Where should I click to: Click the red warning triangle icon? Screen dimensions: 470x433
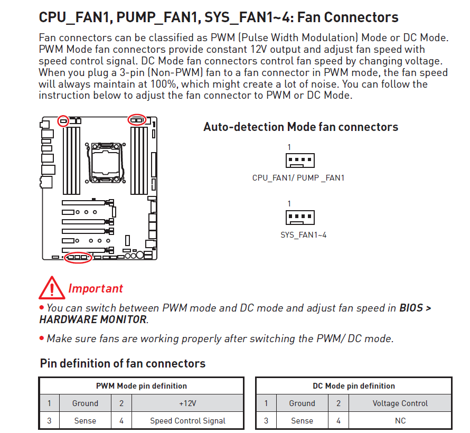(52, 288)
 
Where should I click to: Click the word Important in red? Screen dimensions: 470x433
(96, 288)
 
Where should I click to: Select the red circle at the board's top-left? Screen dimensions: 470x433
(63, 121)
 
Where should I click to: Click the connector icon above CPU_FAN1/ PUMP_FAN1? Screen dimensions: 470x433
(300, 161)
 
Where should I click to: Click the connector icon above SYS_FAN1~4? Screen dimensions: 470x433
(300, 217)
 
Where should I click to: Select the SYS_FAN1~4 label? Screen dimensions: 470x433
(303, 235)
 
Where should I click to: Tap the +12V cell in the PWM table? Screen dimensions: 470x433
(187, 403)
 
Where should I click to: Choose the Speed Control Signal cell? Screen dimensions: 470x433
(187, 421)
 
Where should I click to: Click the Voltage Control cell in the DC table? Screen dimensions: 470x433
(400, 403)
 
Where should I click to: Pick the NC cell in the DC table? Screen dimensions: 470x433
(400, 421)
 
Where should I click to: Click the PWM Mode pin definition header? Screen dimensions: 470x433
(142, 385)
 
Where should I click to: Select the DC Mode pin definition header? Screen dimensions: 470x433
(354, 385)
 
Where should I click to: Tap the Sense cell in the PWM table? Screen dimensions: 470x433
(85, 421)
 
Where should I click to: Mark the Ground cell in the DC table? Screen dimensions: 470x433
(302, 403)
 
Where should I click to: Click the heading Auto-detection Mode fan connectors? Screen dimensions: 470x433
(300, 127)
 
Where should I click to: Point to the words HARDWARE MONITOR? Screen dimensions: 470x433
(93, 319)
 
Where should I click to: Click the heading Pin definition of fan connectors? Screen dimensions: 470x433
(123, 363)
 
